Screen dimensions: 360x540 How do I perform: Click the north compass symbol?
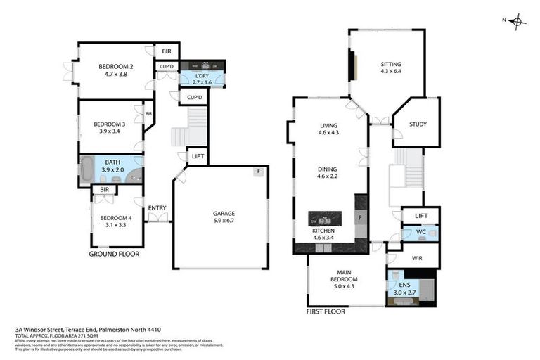pyautogui.click(x=517, y=21)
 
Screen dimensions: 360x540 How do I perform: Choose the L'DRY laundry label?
pyautogui.click(x=202, y=75)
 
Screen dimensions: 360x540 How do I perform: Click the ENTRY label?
pyautogui.click(x=157, y=207)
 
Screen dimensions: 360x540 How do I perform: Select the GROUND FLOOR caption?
pyautogui.click(x=114, y=254)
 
